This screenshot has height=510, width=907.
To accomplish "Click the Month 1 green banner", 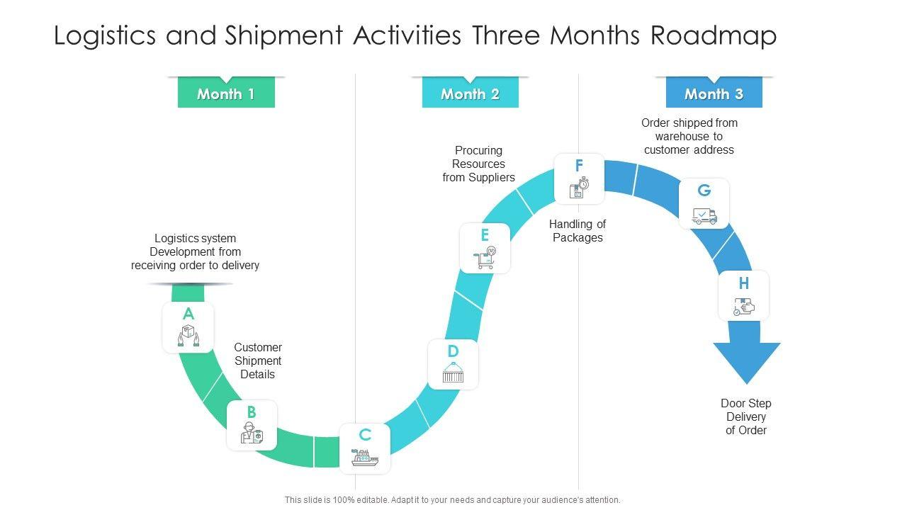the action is [x=225, y=93].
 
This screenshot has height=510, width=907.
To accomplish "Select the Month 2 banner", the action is [x=470, y=93].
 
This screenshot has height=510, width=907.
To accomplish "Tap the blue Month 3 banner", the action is [x=714, y=93].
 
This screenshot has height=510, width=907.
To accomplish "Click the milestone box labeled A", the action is [x=188, y=327].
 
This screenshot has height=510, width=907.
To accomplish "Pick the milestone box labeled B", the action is [x=252, y=425].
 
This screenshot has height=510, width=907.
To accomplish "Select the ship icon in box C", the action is [x=365, y=458].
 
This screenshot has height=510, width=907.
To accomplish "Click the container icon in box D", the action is [x=453, y=373].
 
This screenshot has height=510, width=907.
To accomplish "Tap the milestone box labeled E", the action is [x=485, y=248].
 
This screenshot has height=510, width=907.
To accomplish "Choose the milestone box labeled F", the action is [x=579, y=178].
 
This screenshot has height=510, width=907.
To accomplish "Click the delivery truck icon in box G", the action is [x=704, y=215].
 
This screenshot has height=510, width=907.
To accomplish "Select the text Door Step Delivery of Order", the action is [x=746, y=416].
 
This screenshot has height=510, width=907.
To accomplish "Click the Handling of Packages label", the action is [x=578, y=231].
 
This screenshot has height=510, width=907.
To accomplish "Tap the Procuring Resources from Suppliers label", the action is [x=479, y=164].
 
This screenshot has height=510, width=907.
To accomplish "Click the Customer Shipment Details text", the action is [x=258, y=361].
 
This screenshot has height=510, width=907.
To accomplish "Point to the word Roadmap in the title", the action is [x=713, y=35].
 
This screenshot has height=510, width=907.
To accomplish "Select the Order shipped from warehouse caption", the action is [x=689, y=136].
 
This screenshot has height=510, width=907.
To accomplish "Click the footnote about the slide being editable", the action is [x=453, y=499].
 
